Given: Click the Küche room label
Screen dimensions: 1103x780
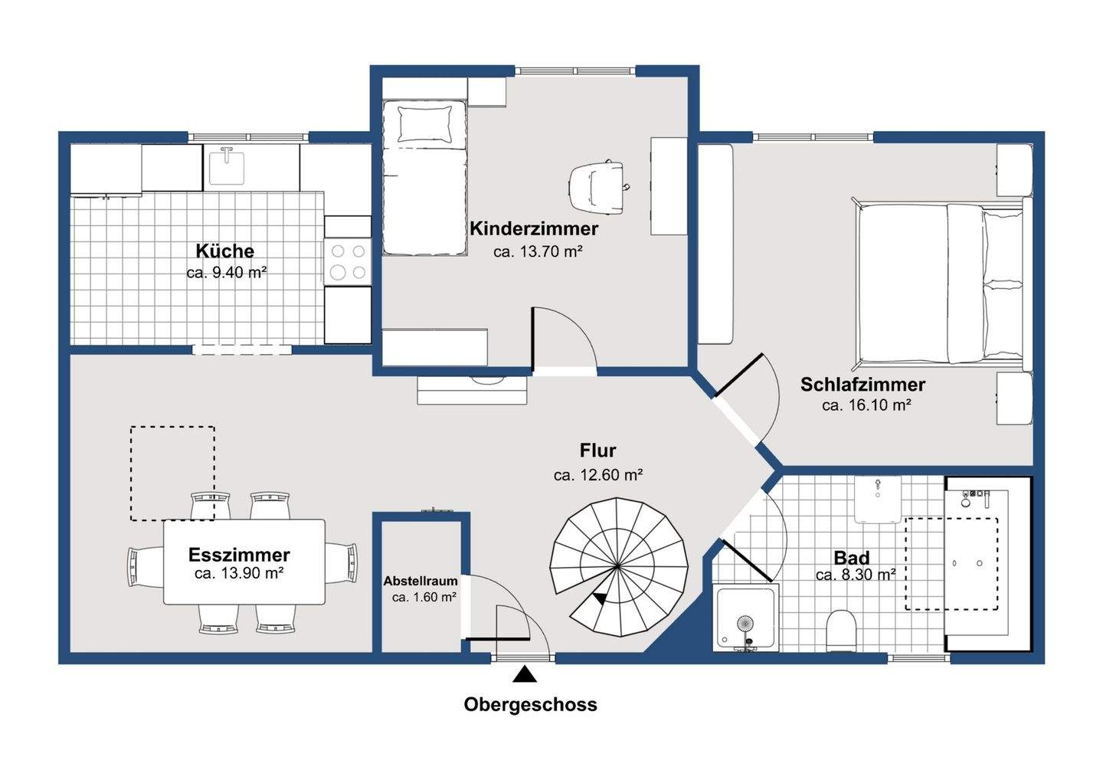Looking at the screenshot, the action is tap(225, 251).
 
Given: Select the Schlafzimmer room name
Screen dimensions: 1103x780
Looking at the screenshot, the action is tap(862, 385).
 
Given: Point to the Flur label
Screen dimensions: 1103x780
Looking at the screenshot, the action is tap(597, 450).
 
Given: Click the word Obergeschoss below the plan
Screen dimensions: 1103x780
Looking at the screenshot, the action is tap(530, 705).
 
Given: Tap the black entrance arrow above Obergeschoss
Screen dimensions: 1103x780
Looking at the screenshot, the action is tap(525, 674).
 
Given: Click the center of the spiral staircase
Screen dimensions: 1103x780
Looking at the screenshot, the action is tap(617, 566).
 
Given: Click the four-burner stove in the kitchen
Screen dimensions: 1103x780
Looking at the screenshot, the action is tap(348, 261).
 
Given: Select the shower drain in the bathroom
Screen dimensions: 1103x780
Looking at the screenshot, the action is tap(745, 624).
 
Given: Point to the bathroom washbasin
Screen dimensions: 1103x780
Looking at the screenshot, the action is tap(878, 499).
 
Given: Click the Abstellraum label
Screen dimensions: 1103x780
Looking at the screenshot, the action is tap(421, 581).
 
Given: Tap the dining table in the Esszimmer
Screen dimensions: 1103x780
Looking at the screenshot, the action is tap(244, 562).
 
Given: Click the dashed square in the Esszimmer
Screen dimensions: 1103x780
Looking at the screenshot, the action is tap(172, 427).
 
